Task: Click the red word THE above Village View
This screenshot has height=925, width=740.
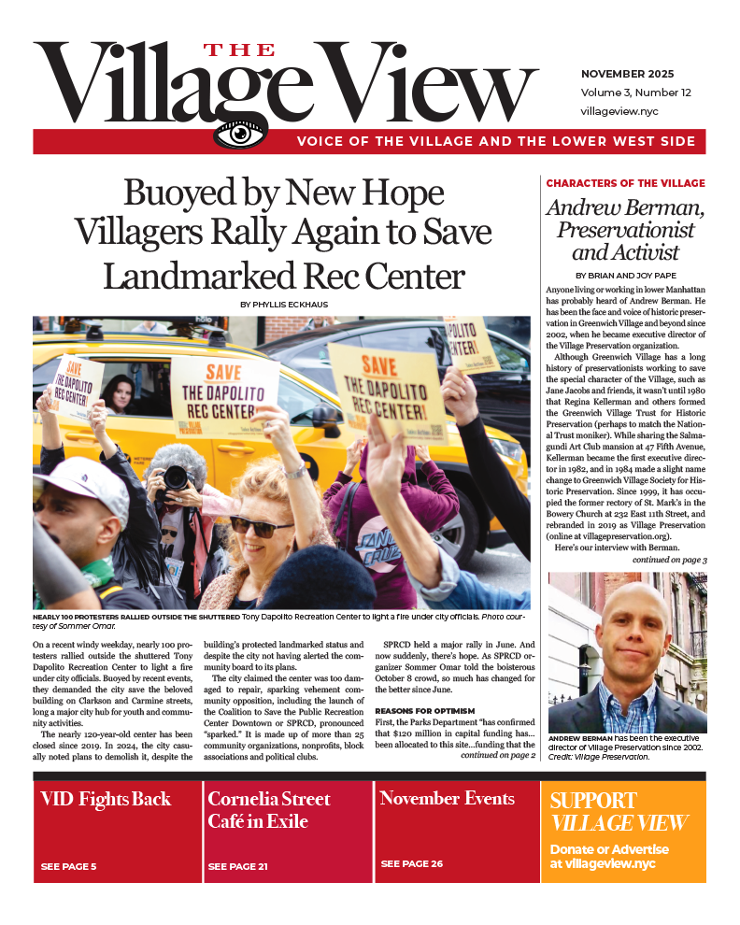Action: [x=240, y=50]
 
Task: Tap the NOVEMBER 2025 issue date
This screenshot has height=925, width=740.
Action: [x=627, y=74]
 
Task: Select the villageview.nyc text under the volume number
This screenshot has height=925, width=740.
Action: [x=619, y=110]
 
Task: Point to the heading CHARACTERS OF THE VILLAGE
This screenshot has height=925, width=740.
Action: [x=625, y=183]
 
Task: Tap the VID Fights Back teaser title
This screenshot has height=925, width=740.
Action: [x=106, y=799]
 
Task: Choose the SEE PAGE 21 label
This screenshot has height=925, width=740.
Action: [x=238, y=866]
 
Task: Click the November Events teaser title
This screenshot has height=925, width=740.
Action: [x=447, y=799]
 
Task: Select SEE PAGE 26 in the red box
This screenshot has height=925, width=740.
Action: [x=412, y=863]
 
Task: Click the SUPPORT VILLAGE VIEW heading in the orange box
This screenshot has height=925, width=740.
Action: [x=619, y=811]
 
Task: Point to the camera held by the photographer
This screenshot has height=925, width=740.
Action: [x=176, y=477]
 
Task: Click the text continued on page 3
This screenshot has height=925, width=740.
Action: [x=669, y=560]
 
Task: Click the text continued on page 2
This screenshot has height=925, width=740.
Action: [x=497, y=755]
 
